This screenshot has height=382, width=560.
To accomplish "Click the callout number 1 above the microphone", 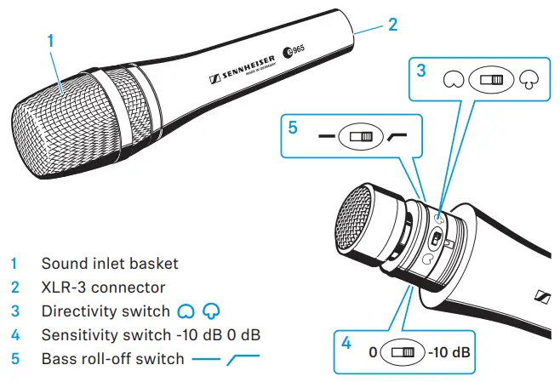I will coord(51,40).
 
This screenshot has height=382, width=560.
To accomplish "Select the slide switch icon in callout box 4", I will coord(402,351).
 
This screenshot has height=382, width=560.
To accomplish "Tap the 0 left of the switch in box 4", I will coord(372,351).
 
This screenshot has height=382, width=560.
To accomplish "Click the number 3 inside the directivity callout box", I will coord(420,71).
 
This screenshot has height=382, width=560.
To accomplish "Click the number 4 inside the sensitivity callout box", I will coord(346,343).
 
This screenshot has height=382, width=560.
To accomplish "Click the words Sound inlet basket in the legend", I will coord(110,264).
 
